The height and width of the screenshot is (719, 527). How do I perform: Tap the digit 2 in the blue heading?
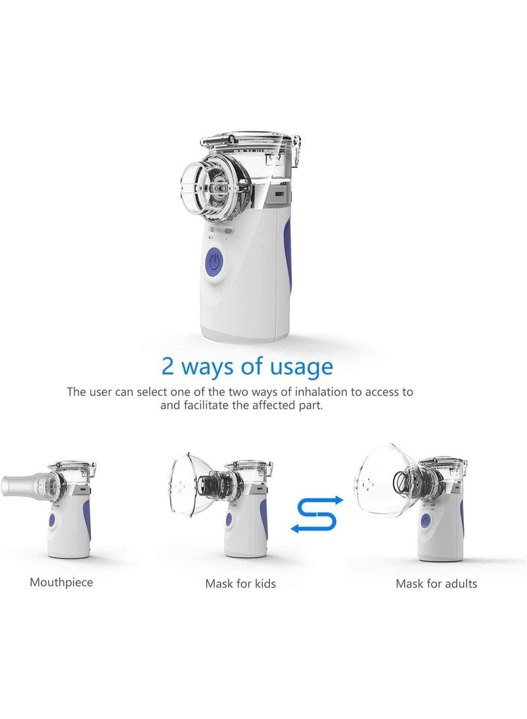tap(169, 366)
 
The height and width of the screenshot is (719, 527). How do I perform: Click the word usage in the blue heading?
tap(300, 367)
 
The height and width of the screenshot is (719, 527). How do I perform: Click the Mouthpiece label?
tap(61, 582)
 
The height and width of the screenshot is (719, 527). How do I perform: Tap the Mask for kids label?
tap(240, 583)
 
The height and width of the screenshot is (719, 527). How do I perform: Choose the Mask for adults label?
tap(436, 583)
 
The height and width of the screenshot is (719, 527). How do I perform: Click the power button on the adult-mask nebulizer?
tap(425, 521)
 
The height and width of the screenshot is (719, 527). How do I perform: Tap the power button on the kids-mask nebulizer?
tap(229, 519)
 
